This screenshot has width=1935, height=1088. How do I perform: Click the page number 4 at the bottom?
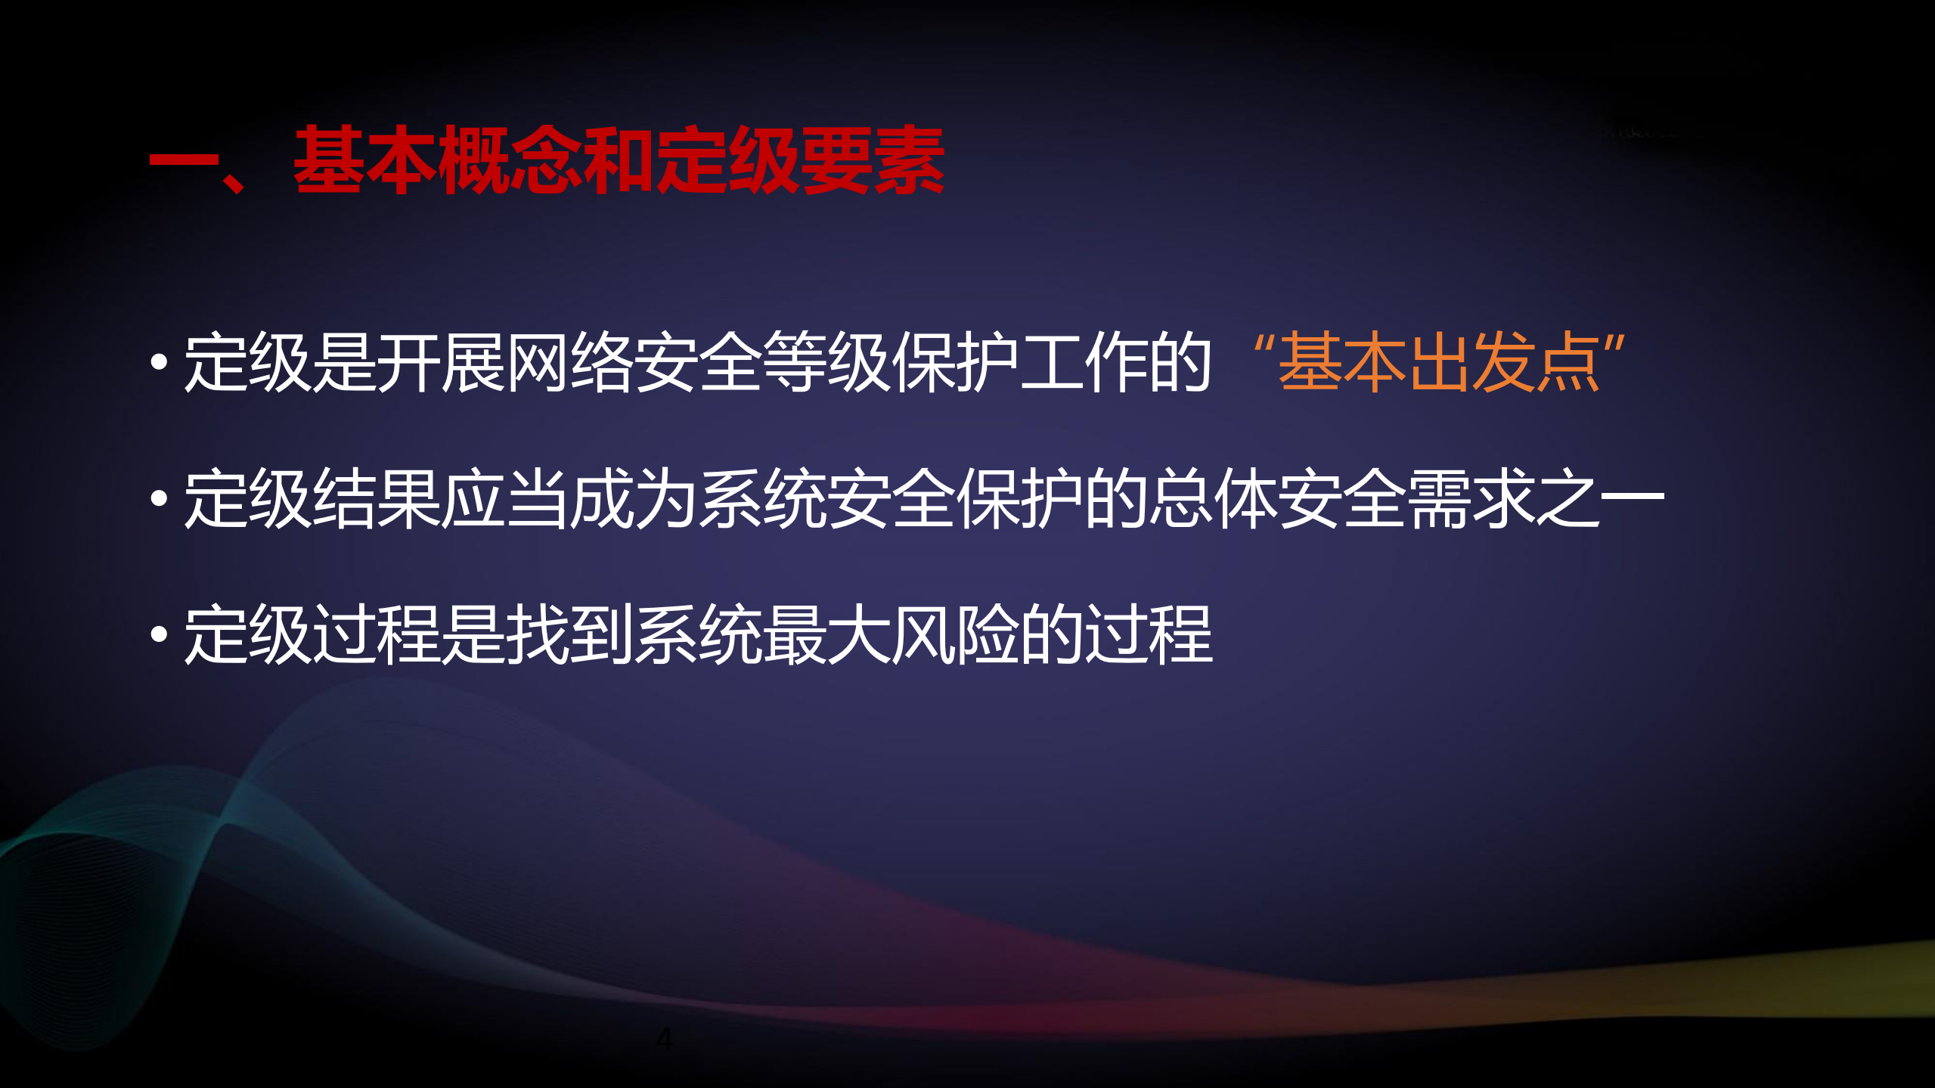pos(664,1039)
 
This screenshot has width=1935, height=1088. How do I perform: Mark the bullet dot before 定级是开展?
pos(159,364)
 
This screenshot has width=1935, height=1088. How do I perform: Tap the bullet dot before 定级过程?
pos(159,635)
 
